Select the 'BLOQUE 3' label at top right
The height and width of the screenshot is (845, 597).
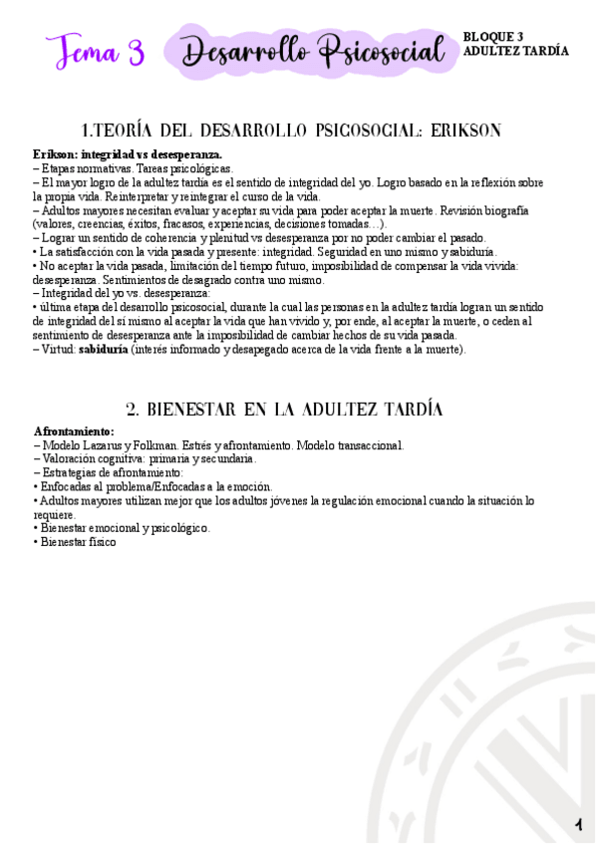point(493,37)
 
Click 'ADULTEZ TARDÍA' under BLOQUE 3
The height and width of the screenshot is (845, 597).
point(516,51)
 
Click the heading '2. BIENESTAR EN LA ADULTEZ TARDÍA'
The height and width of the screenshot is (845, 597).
point(285,410)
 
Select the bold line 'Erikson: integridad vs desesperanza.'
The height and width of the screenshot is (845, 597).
point(127,154)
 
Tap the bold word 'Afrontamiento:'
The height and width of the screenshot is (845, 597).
point(74,430)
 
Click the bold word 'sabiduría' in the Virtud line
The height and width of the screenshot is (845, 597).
point(103,350)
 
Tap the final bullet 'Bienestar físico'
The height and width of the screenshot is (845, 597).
point(78,542)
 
